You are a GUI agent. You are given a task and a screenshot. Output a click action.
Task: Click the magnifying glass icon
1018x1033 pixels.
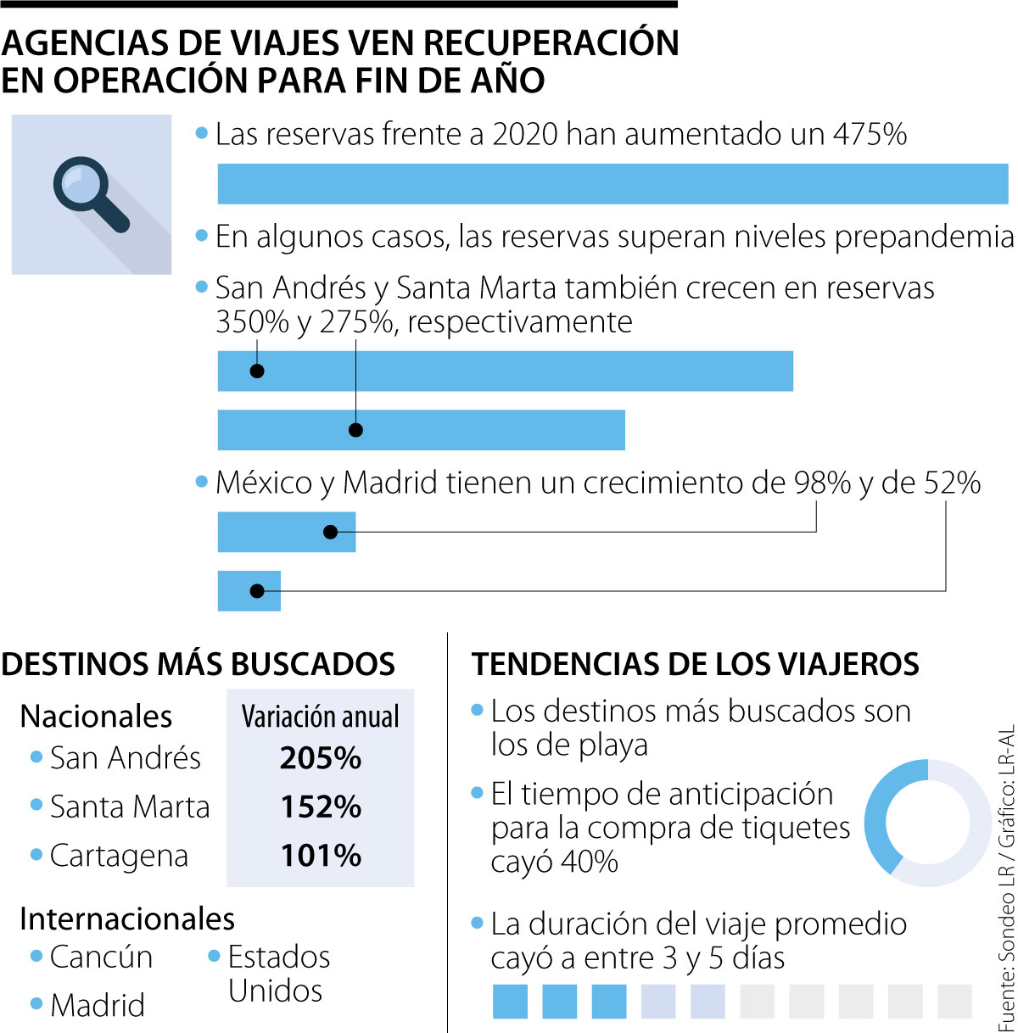(88, 193)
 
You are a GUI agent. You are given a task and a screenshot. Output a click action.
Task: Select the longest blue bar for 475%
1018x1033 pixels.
(612, 184)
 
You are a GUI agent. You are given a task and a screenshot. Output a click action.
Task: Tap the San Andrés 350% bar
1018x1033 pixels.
(506, 371)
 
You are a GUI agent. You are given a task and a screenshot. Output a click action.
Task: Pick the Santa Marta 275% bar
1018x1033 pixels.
(422, 430)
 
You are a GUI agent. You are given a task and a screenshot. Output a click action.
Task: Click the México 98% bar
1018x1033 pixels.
(287, 533)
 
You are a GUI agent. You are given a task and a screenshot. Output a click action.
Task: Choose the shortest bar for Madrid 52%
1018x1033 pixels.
(249, 591)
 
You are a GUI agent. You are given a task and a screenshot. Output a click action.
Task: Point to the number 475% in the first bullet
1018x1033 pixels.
(870, 134)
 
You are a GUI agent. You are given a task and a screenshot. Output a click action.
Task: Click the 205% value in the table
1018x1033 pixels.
(321, 758)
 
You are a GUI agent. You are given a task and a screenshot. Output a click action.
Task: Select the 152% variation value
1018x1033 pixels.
(321, 807)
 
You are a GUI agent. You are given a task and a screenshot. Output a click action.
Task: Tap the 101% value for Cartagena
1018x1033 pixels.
(321, 856)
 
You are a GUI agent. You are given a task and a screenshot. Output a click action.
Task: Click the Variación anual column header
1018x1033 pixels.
(321, 717)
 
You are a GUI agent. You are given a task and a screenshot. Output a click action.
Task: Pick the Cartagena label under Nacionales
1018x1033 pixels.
(119, 856)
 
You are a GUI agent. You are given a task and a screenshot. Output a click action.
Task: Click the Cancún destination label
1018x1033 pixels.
(101, 957)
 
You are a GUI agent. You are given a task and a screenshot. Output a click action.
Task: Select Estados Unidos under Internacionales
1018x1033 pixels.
(277, 973)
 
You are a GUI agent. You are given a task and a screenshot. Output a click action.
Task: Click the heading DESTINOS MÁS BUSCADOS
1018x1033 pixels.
(199, 664)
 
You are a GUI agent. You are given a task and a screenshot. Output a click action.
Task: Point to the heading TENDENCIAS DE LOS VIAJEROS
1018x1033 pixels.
(696, 664)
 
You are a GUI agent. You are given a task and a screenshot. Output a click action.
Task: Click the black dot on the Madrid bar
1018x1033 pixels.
(257, 591)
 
